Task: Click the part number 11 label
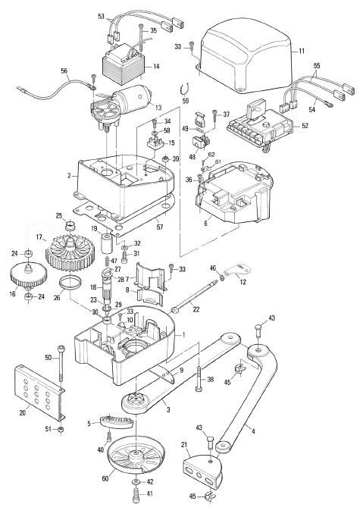(302, 51)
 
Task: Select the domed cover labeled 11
(246, 56)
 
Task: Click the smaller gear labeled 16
(29, 275)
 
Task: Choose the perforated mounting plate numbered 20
(39, 393)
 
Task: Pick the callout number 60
(105, 478)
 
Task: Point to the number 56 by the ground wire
(64, 71)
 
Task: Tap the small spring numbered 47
(107, 261)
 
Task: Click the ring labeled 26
(70, 283)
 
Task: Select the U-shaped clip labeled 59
(185, 89)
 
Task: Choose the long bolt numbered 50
(61, 362)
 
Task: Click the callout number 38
(210, 380)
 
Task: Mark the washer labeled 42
(136, 482)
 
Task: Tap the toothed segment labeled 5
(116, 421)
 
